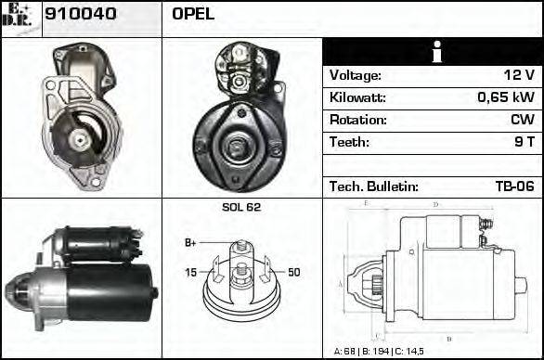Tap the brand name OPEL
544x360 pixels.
click(193, 14)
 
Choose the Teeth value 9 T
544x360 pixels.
click(525, 142)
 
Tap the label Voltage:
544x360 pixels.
click(356, 75)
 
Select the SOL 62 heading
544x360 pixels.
click(241, 207)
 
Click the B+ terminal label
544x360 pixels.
click(190, 242)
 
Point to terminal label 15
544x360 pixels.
click(190, 272)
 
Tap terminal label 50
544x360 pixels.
click(293, 272)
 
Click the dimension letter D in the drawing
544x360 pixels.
click(435, 204)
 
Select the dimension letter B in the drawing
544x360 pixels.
click(448, 338)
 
